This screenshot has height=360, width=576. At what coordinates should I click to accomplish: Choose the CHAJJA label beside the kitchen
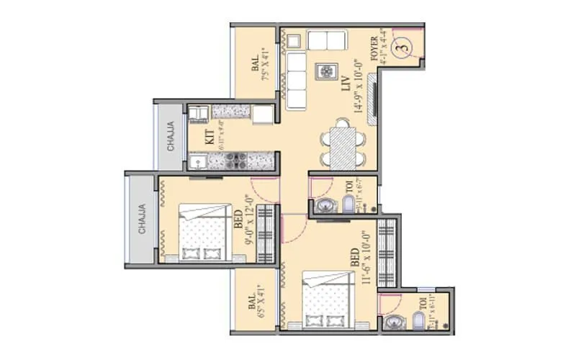click(x=171, y=138)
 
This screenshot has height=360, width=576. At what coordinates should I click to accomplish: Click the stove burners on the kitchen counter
click(x=235, y=159)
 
